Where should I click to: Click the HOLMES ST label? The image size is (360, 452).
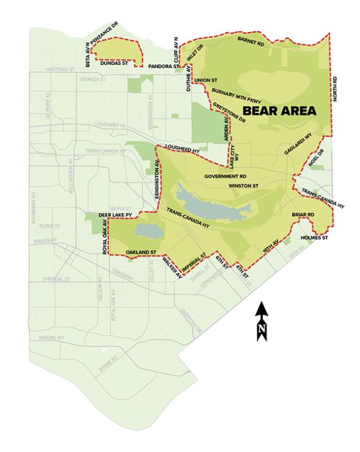pos(315,236)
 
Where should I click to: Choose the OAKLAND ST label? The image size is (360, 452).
pos(142,252)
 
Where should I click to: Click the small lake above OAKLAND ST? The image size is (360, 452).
pos(147,230)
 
